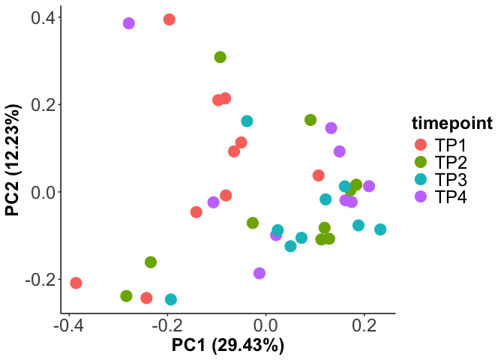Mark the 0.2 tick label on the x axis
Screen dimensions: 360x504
coord(364,326)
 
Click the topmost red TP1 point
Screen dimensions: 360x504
coord(169,19)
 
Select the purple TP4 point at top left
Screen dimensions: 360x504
coord(129,24)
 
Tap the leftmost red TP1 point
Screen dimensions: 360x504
coord(76,283)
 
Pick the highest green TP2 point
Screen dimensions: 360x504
coord(220,57)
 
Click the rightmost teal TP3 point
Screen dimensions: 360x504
coord(380,229)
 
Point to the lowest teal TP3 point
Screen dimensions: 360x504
coord(171,299)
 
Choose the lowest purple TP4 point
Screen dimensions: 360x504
coord(259,274)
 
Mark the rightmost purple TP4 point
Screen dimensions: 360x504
coord(369,186)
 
